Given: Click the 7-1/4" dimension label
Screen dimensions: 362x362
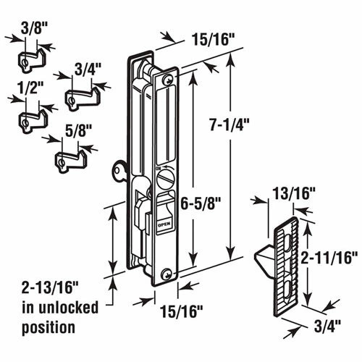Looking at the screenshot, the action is (x=229, y=125).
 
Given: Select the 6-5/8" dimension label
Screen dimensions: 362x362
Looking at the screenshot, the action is (x=201, y=204).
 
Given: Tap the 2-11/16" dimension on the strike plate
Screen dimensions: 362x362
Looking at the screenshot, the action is (x=329, y=258).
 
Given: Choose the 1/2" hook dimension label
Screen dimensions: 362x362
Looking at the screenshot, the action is (x=30, y=88).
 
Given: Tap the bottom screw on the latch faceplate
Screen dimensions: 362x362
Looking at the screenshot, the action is (x=167, y=274).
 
